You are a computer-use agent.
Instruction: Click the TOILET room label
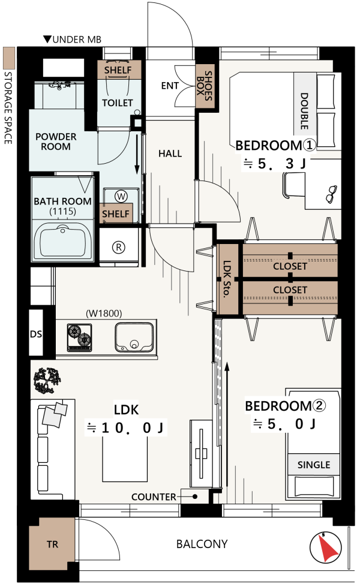point(118,103)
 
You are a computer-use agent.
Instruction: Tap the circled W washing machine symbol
point(121,196)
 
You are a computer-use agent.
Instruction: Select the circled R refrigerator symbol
point(119,248)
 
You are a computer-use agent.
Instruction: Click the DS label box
point(36,333)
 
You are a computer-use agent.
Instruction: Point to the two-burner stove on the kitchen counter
point(79,338)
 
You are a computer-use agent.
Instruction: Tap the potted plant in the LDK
point(47,381)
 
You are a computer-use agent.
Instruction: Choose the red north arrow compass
point(326,547)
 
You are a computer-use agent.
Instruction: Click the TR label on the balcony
point(52,544)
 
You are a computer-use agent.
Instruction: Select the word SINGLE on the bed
point(314,465)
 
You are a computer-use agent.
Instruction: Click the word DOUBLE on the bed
point(304,111)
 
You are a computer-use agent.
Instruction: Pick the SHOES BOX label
point(205,86)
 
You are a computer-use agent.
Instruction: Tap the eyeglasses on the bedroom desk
point(331,194)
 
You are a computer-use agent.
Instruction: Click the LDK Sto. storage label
point(227,279)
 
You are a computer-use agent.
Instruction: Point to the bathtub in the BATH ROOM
point(62,240)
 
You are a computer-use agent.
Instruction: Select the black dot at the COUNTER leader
point(195,497)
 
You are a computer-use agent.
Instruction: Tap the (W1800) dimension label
point(104,313)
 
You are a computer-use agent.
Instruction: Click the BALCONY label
point(202,544)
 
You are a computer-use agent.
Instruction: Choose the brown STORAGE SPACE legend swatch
point(9,58)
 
